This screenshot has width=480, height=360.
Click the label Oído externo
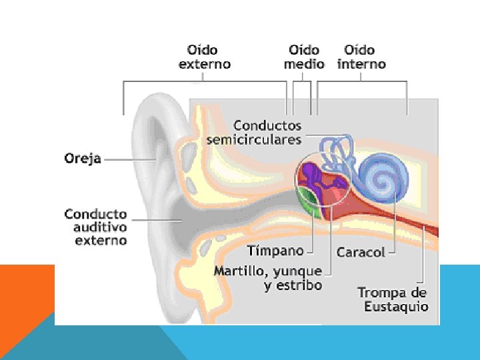(x=205, y=57)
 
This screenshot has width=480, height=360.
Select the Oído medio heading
(x=304, y=57)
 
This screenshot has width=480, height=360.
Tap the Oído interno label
(x=361, y=57)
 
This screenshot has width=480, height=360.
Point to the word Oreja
(x=83, y=159)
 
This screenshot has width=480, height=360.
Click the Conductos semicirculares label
(x=254, y=133)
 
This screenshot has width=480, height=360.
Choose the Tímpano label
(x=275, y=251)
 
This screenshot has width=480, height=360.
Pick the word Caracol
(x=361, y=253)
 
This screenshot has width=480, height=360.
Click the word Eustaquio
(x=396, y=307)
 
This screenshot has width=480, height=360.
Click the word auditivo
(x=100, y=227)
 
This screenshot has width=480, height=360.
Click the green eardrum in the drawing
(x=309, y=203)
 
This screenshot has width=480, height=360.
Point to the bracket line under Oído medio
(x=302, y=82)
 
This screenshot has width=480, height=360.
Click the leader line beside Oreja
(x=131, y=159)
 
